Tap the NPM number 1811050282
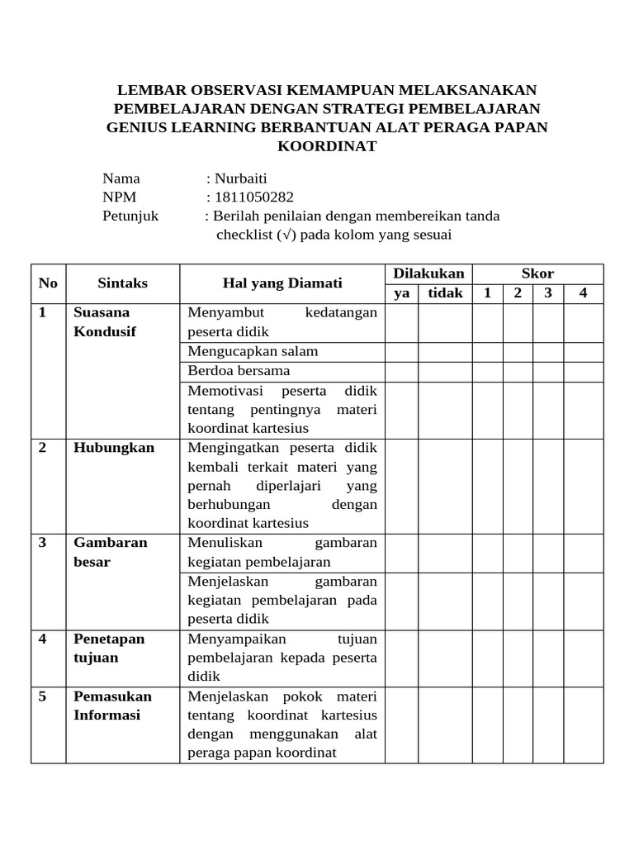[x=254, y=197]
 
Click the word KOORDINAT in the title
[x=328, y=146]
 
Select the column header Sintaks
[x=123, y=283]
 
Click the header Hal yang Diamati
[x=282, y=283]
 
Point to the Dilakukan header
[x=428, y=273]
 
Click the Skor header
[x=537, y=273]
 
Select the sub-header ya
[x=402, y=292]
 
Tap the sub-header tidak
[x=445, y=292]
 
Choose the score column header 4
[x=583, y=292]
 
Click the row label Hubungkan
[x=114, y=447]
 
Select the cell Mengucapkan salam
[x=253, y=351]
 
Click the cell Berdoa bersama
[x=239, y=370]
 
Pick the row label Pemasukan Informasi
[x=112, y=705]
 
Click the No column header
[x=48, y=283]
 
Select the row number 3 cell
[x=43, y=543]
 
